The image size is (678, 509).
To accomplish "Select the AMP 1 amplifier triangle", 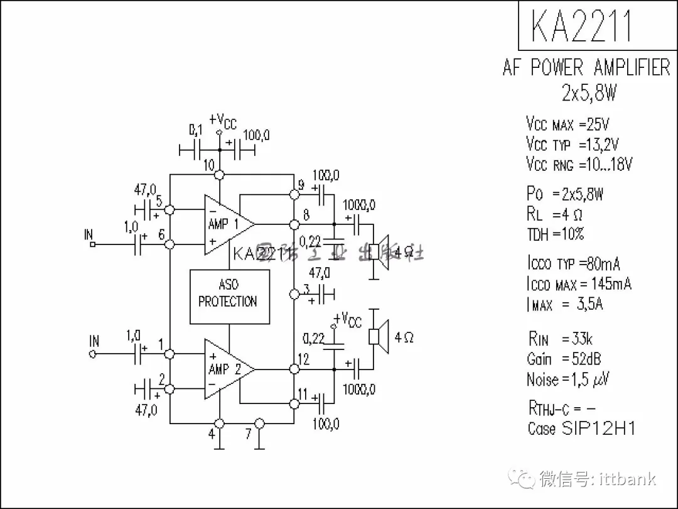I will point(226,224).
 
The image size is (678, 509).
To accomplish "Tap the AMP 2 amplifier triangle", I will point(226,369).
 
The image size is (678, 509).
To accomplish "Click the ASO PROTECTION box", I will point(229,297).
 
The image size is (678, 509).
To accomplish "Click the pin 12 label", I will point(304,359).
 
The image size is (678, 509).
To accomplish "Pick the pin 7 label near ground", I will point(249,433).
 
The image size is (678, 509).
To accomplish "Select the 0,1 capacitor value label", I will point(196,130).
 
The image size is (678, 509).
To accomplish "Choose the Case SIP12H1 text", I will point(581,429).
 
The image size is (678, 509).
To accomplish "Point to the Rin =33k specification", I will point(560,339).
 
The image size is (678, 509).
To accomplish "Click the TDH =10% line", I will point(556,234).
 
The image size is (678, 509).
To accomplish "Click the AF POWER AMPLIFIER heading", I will point(586,67).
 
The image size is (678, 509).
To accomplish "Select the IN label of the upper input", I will point(89,236).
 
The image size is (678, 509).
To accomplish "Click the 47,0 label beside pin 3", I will point(320,273).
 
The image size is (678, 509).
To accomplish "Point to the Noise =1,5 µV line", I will point(568,379).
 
